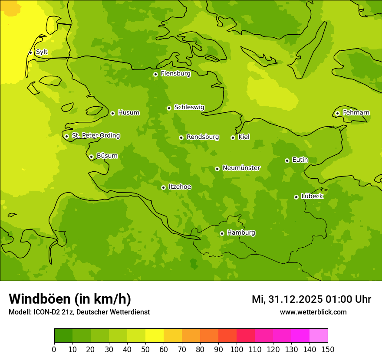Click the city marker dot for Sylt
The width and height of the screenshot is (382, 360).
pos(30,52)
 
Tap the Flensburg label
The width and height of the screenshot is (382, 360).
pos(175,74)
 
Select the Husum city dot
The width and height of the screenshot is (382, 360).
pos(112,113)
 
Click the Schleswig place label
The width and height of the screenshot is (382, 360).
pos(189,107)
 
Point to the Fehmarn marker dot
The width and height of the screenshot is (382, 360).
pos(337,113)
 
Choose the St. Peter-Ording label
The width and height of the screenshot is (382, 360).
pos(95,136)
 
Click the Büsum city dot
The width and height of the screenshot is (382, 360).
pos(91,157)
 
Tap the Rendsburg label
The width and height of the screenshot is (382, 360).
pos(203,137)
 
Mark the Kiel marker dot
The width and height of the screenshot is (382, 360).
pos(233,137)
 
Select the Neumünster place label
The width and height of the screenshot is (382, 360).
pos(241,168)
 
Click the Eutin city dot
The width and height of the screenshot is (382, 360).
pos(287,160)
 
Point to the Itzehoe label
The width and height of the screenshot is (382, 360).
pos(180,187)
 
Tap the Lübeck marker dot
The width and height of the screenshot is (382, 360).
pos(296,197)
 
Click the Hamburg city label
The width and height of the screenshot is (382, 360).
pos(241,233)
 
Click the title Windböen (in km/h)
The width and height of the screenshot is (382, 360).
pos(70,299)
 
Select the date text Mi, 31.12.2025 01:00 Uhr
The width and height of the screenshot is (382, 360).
pos(311,299)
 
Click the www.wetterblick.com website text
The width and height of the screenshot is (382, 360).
pos(313,312)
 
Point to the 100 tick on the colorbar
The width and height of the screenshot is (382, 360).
pos(237,349)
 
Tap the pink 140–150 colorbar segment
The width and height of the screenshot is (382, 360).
pos(319,336)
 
